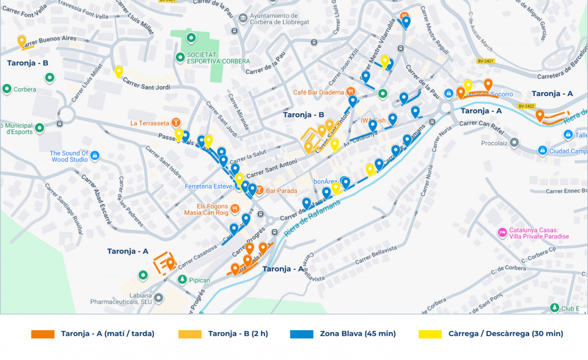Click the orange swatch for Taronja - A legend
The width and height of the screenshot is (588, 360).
tap(43, 334)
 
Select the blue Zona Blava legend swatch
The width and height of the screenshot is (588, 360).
tap(301, 334)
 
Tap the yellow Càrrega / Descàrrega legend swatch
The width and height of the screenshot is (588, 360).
tap(430, 334)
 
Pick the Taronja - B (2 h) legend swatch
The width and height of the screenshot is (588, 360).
tap(190, 334)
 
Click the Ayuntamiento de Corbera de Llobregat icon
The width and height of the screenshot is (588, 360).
tap(243, 19)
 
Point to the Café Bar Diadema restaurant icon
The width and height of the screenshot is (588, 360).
tap(351, 92)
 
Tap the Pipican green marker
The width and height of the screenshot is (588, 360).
tap(182, 280)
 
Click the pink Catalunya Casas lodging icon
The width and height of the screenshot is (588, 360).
tap(502, 232)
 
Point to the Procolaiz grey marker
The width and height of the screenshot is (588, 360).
tap(514, 143)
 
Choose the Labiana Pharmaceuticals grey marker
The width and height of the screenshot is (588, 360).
tap(158, 298)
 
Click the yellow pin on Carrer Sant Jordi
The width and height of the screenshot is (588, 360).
tap(119, 72)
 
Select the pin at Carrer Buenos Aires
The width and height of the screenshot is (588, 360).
tap(22, 41)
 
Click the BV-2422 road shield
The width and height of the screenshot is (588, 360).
tap(526, 106)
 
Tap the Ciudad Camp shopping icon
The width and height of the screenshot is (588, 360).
tap(542, 151)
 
